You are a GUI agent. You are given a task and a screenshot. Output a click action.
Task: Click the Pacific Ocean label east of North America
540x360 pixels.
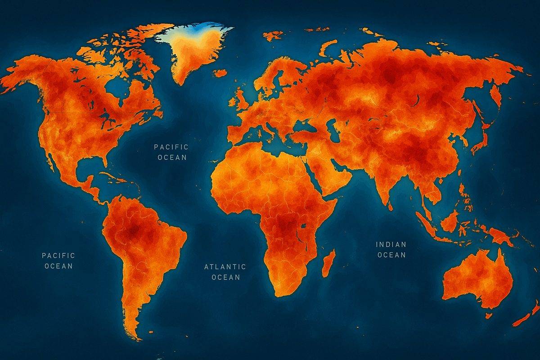pyautogui.click(x=171, y=152)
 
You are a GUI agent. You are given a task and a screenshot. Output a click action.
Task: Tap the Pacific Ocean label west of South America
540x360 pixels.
pyautogui.click(x=58, y=261)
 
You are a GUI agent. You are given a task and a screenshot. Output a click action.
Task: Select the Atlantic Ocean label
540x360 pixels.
pyautogui.click(x=225, y=272)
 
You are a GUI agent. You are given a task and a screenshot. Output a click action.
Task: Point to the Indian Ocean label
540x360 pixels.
pyautogui.click(x=391, y=250)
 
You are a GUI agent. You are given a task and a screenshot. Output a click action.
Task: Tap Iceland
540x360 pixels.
pyautogui.click(x=220, y=72)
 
